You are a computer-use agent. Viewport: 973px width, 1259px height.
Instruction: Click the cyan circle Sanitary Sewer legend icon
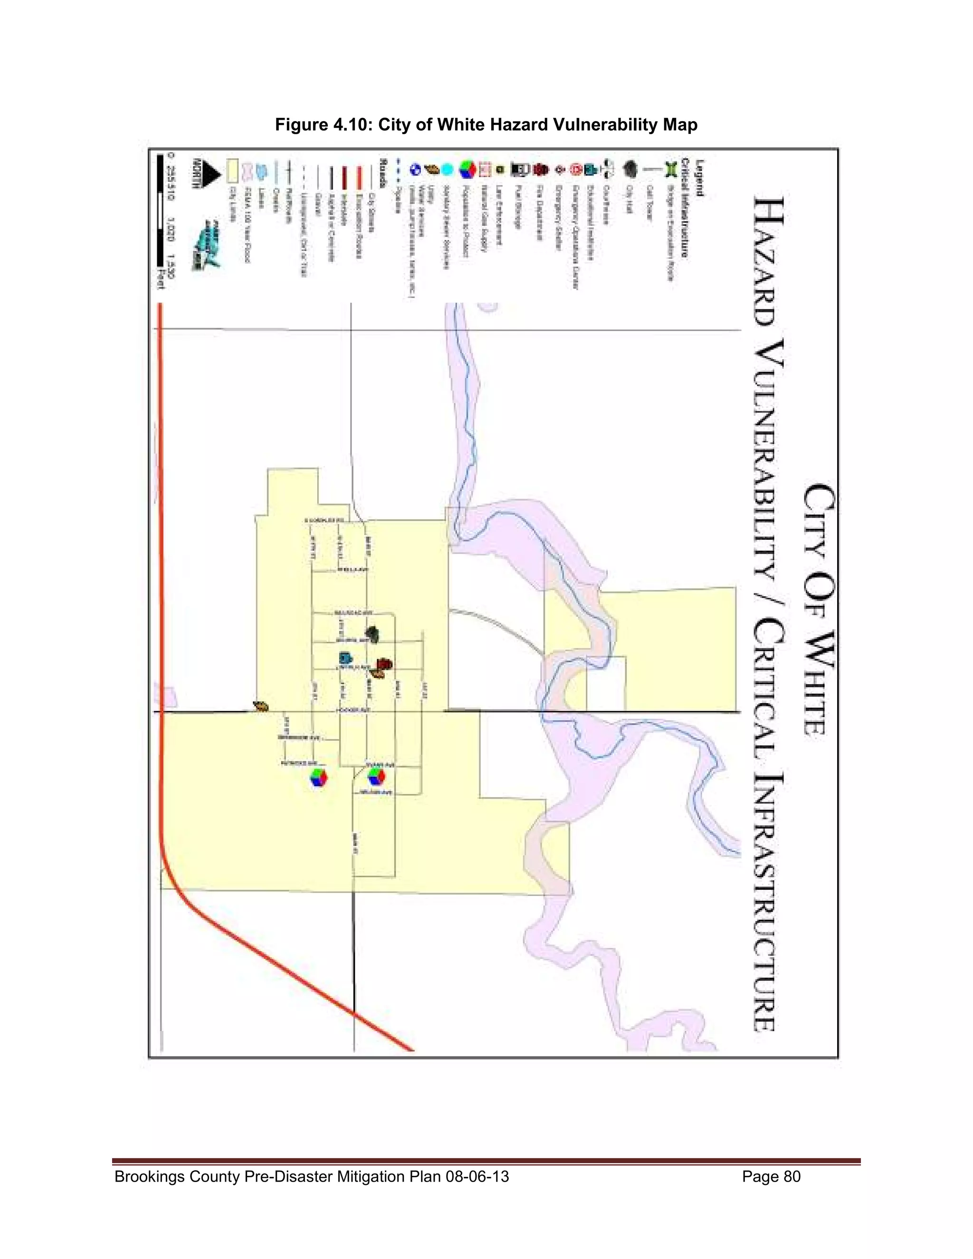coord(448,170)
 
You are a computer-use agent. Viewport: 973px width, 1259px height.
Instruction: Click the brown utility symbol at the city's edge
coord(260,706)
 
